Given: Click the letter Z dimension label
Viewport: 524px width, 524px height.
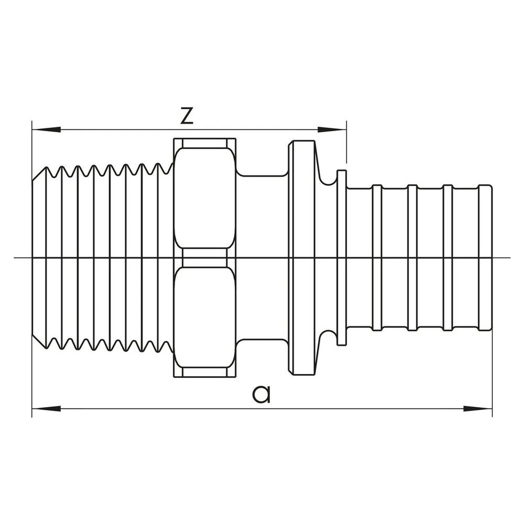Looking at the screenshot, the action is click(187, 116).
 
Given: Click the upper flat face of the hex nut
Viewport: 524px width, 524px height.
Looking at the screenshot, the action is click(204, 198).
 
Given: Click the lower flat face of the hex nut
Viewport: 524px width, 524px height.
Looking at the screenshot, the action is click(204, 318).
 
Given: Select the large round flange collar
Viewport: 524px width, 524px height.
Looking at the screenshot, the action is click(302, 258).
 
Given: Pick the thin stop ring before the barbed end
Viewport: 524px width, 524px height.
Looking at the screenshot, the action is click(342, 258).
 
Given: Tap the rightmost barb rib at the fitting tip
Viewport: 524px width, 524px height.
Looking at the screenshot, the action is click(485, 258).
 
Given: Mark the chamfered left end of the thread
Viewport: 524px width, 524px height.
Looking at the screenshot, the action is click(39, 258).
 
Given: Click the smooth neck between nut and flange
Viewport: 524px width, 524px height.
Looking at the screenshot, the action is click(262, 258).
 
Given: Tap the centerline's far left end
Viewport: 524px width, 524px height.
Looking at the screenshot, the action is click(14, 258).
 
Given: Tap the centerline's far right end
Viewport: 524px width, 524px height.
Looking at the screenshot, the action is click(510, 258).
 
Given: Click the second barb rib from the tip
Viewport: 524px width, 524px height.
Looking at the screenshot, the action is click(447, 258).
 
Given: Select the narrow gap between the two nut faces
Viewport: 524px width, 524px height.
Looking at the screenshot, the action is click(204, 258).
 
